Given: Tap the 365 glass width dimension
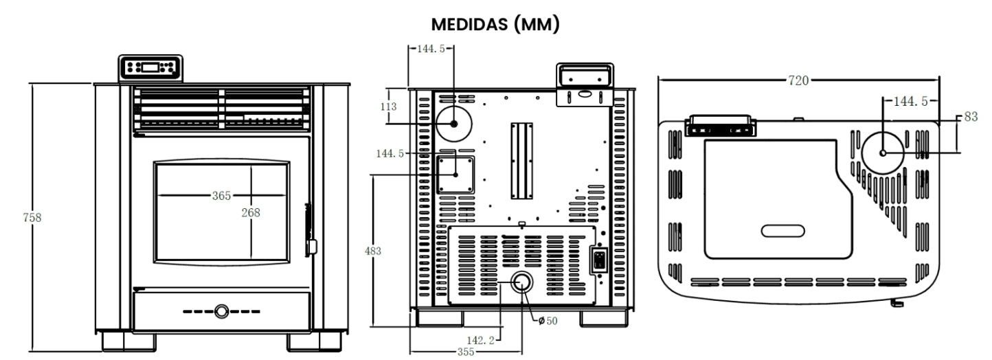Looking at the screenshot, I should [221, 196].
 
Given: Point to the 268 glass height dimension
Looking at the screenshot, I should [251, 212].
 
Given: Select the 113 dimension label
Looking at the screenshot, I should [389, 106].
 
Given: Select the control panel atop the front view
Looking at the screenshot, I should [151, 67].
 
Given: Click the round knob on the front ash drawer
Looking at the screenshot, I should [222, 311].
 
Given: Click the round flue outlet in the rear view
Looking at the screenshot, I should [453, 124].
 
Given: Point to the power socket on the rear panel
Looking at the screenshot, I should [599, 260].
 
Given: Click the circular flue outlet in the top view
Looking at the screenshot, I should [882, 152].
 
